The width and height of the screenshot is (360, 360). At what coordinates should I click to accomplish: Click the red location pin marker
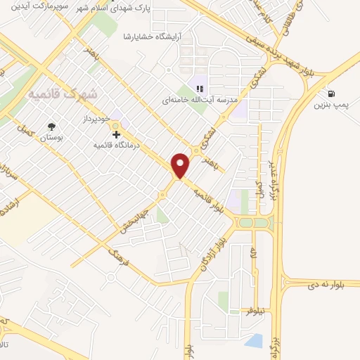[181, 165]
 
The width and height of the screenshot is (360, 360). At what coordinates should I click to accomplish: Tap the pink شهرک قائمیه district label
[63, 93]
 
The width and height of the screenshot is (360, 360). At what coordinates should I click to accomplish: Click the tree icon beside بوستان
[52, 127]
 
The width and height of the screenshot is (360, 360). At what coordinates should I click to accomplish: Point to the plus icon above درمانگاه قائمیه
[116, 134]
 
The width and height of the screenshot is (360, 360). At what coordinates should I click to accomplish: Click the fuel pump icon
[330, 94]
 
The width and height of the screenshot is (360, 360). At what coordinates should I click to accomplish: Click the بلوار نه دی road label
[333, 284]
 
